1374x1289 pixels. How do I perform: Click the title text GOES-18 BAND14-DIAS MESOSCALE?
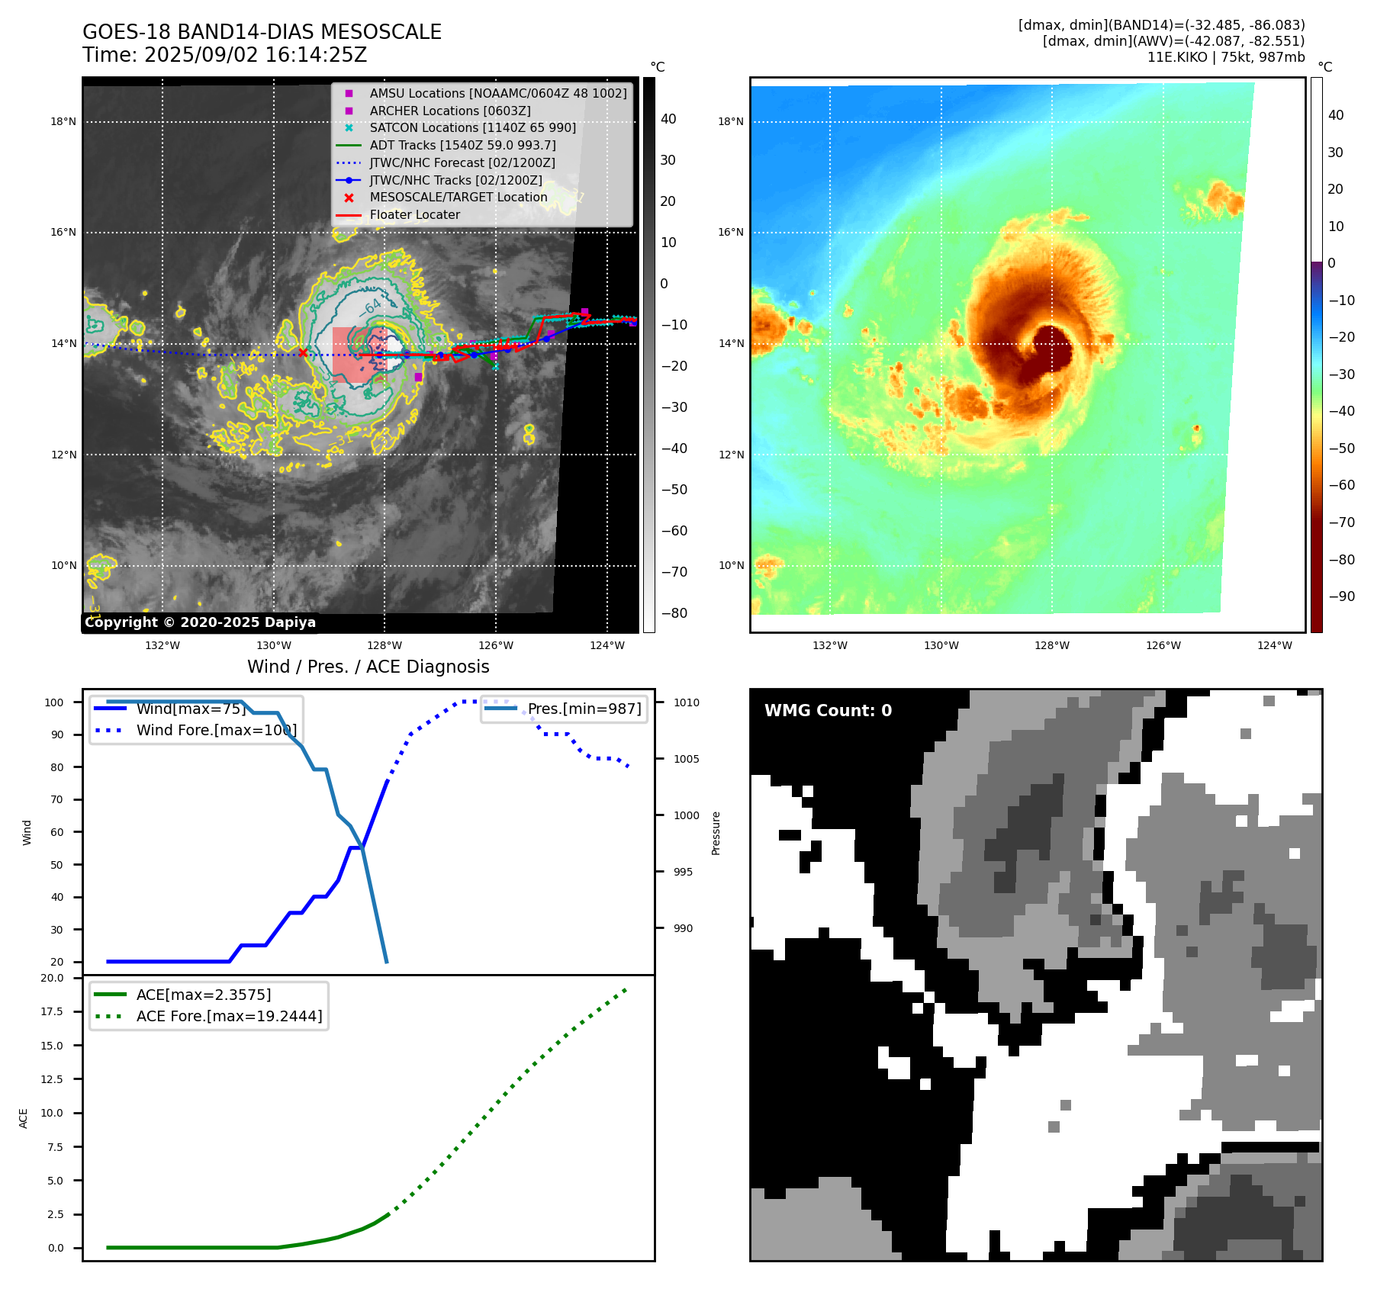pyautogui.click(x=262, y=32)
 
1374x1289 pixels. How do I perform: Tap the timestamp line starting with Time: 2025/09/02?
pyautogui.click(x=224, y=55)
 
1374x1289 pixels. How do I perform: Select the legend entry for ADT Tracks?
pyautogui.click(x=462, y=145)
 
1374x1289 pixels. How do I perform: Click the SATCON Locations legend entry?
pyautogui.click(x=472, y=127)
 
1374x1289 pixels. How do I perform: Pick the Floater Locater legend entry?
pyautogui.click(x=414, y=215)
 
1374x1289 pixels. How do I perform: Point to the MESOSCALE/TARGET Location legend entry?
pyautogui.click(x=458, y=198)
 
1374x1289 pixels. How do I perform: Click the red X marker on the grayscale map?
pyautogui.click(x=303, y=352)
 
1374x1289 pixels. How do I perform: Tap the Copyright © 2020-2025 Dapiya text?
pyautogui.click(x=200, y=622)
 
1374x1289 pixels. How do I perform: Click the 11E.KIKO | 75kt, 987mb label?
pyautogui.click(x=1225, y=57)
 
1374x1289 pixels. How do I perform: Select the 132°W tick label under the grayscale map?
pyautogui.click(x=162, y=645)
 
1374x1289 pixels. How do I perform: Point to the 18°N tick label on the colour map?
pyautogui.click(x=730, y=121)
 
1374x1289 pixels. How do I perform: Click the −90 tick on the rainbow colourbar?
pyautogui.click(x=1341, y=596)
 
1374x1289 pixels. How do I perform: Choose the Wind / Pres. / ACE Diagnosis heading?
pyautogui.click(x=368, y=667)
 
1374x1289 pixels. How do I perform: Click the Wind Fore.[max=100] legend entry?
pyautogui.click(x=216, y=730)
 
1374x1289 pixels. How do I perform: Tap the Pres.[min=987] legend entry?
pyautogui.click(x=584, y=709)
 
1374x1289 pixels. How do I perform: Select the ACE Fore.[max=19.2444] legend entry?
pyautogui.click(x=229, y=1016)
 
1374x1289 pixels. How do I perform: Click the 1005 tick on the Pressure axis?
pyautogui.click(x=686, y=759)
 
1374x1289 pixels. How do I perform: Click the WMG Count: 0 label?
pyautogui.click(x=828, y=711)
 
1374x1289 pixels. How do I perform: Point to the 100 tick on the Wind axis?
pyautogui.click(x=54, y=702)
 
